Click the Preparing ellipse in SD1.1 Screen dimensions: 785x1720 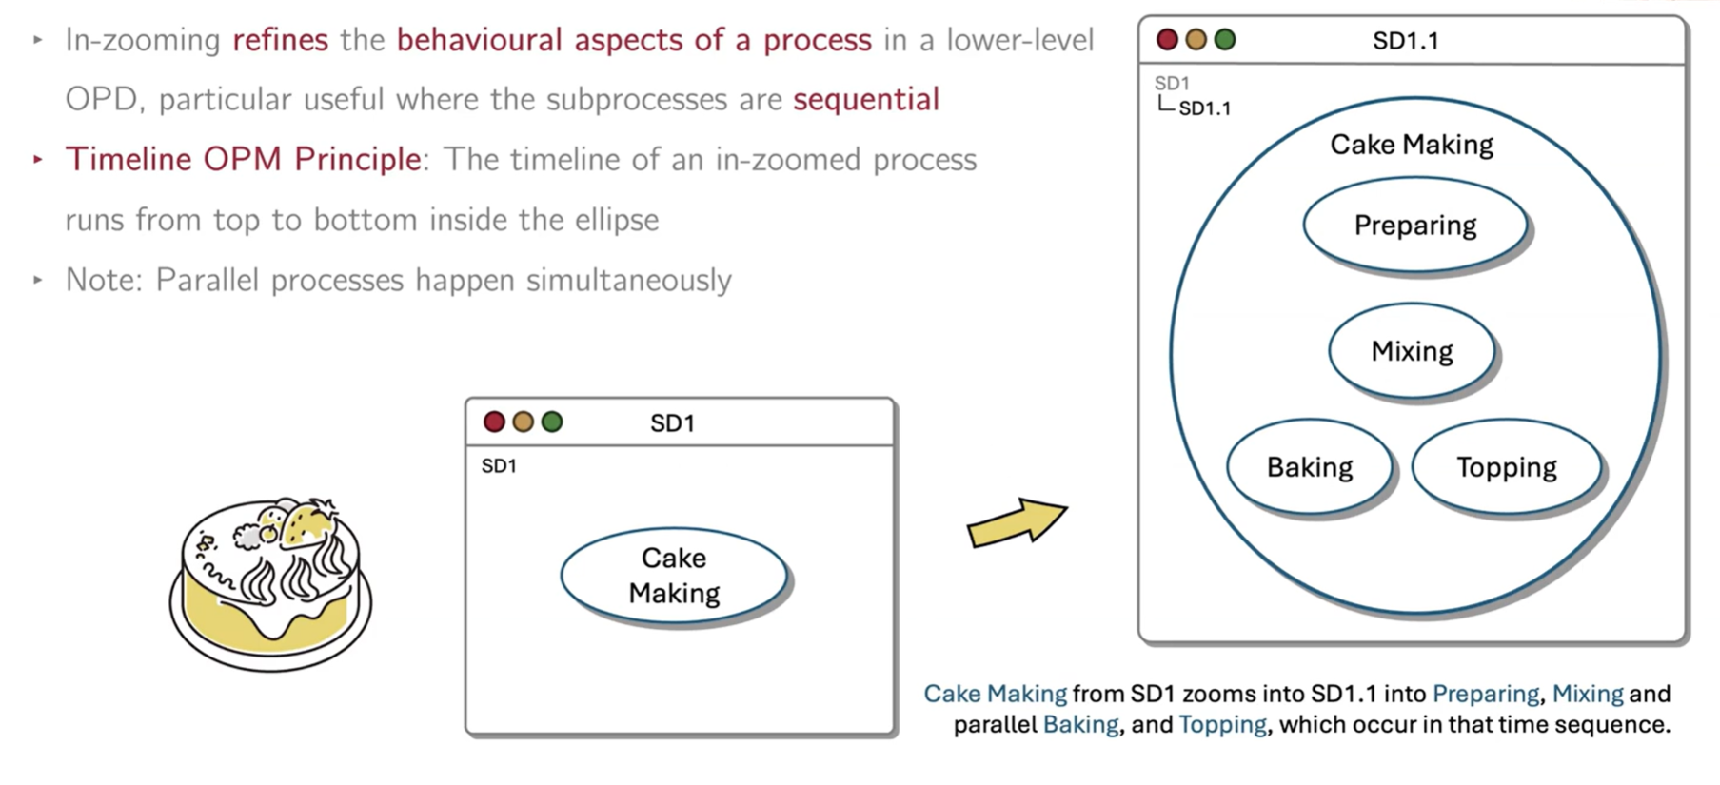[1414, 226]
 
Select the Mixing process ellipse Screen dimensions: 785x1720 [1412, 351]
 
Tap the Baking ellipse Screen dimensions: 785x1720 [1310, 467]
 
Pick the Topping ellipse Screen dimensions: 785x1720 [1506, 467]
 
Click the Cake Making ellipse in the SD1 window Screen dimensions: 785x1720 [674, 575]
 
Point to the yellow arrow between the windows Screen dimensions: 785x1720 [1016, 522]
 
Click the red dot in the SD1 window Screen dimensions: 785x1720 [494, 422]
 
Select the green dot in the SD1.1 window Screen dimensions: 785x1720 [1225, 40]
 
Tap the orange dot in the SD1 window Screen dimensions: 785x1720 [523, 422]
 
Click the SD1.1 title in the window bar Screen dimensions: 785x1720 [1405, 41]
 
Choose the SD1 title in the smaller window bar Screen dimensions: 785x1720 [672, 423]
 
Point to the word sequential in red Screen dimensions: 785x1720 [866, 99]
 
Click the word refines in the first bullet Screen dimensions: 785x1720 [280, 40]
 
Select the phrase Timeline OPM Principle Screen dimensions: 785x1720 [244, 159]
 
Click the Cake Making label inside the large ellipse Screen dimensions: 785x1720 [1411, 145]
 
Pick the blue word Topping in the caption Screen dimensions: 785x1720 [1222, 725]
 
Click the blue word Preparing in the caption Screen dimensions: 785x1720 [1485, 694]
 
